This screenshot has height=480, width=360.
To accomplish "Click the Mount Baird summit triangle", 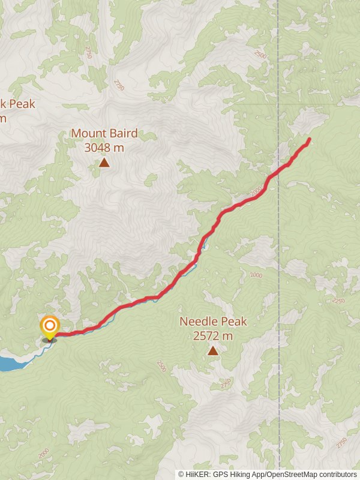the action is tap(104, 162).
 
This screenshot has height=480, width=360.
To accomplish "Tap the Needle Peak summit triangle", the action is tap(213, 350).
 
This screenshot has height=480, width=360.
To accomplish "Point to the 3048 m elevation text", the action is tap(104, 146).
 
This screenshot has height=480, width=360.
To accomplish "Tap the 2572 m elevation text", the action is tap(213, 336).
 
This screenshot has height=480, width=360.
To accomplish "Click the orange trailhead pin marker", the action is tap(49, 328).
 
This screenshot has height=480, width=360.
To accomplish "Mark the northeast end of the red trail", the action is tap(310, 139).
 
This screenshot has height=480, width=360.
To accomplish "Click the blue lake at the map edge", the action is tap(8, 364).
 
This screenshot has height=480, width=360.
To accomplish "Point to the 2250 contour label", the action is tap(338, 300).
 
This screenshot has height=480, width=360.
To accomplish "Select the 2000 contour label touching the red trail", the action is tap(257, 191).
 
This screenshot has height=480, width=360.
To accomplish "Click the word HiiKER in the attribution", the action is tap(197, 474).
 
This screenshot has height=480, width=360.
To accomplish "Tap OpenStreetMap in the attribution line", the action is tap(293, 474).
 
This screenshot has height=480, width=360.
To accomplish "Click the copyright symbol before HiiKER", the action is tap(181, 474).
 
